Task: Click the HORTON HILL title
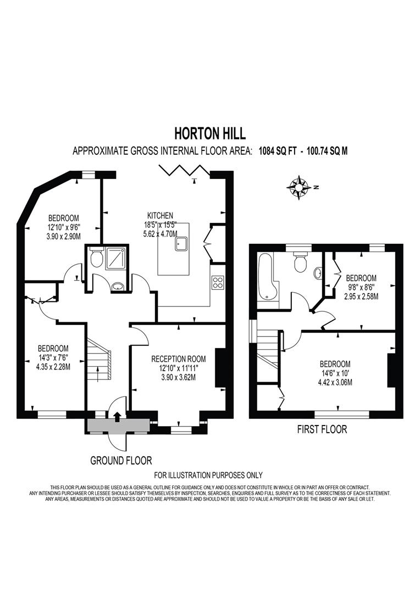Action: tap(210, 133)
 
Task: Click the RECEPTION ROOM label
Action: tap(178, 359)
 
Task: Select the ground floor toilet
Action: tap(97, 258)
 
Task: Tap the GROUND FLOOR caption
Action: tap(121, 461)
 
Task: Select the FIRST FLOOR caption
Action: tap(322, 429)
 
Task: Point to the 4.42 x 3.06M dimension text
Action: tap(335, 382)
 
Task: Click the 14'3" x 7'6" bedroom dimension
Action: tap(53, 357)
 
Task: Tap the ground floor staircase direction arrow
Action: tap(98, 374)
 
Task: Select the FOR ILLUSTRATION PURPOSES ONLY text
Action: tap(208, 475)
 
